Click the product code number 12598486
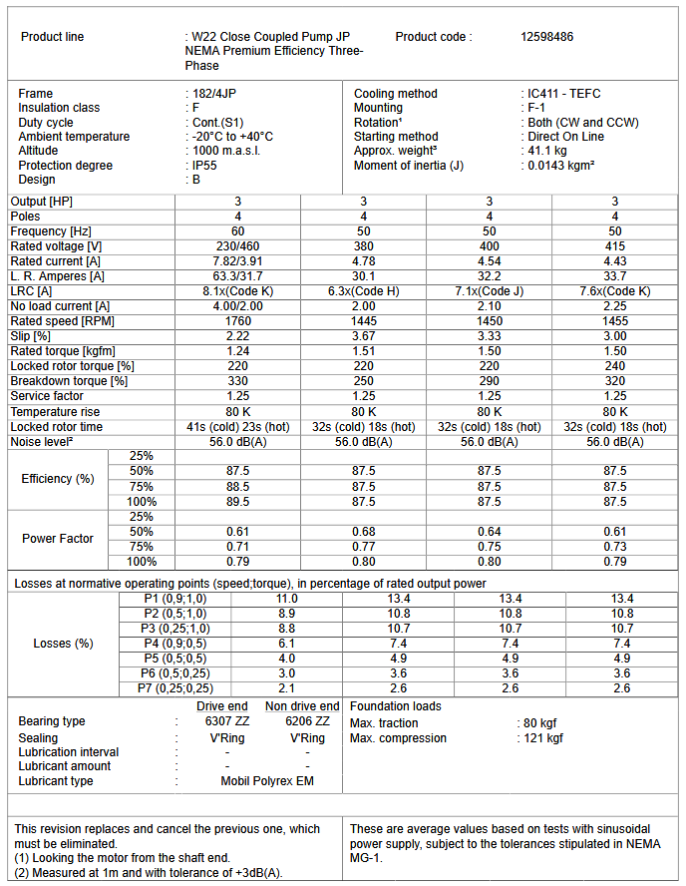[546, 37]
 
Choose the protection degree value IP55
[206, 166]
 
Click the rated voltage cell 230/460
[237, 246]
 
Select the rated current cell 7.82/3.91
[237, 261]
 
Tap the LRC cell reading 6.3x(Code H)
[363, 291]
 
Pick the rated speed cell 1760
[237, 321]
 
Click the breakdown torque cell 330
[237, 381]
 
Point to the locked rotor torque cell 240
[615, 366]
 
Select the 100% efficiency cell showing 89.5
[237, 501]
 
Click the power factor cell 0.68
[363, 532]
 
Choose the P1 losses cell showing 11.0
[286, 598]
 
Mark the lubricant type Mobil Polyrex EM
[267, 781]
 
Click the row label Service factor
[50, 396]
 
